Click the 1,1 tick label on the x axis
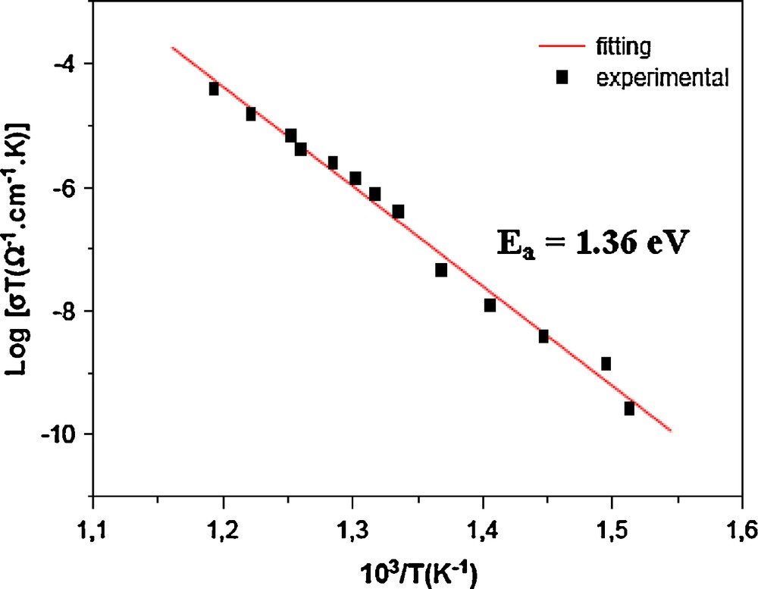click(x=92, y=526)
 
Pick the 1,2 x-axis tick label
click(x=222, y=526)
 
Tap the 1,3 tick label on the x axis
click(x=352, y=526)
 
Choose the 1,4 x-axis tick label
click(x=481, y=526)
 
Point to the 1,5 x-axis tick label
click(x=611, y=526)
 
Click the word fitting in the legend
click(x=624, y=48)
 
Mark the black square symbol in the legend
click(x=562, y=77)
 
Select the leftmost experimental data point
click(x=214, y=89)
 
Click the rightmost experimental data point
click(x=629, y=409)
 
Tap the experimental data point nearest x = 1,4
click(x=490, y=305)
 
